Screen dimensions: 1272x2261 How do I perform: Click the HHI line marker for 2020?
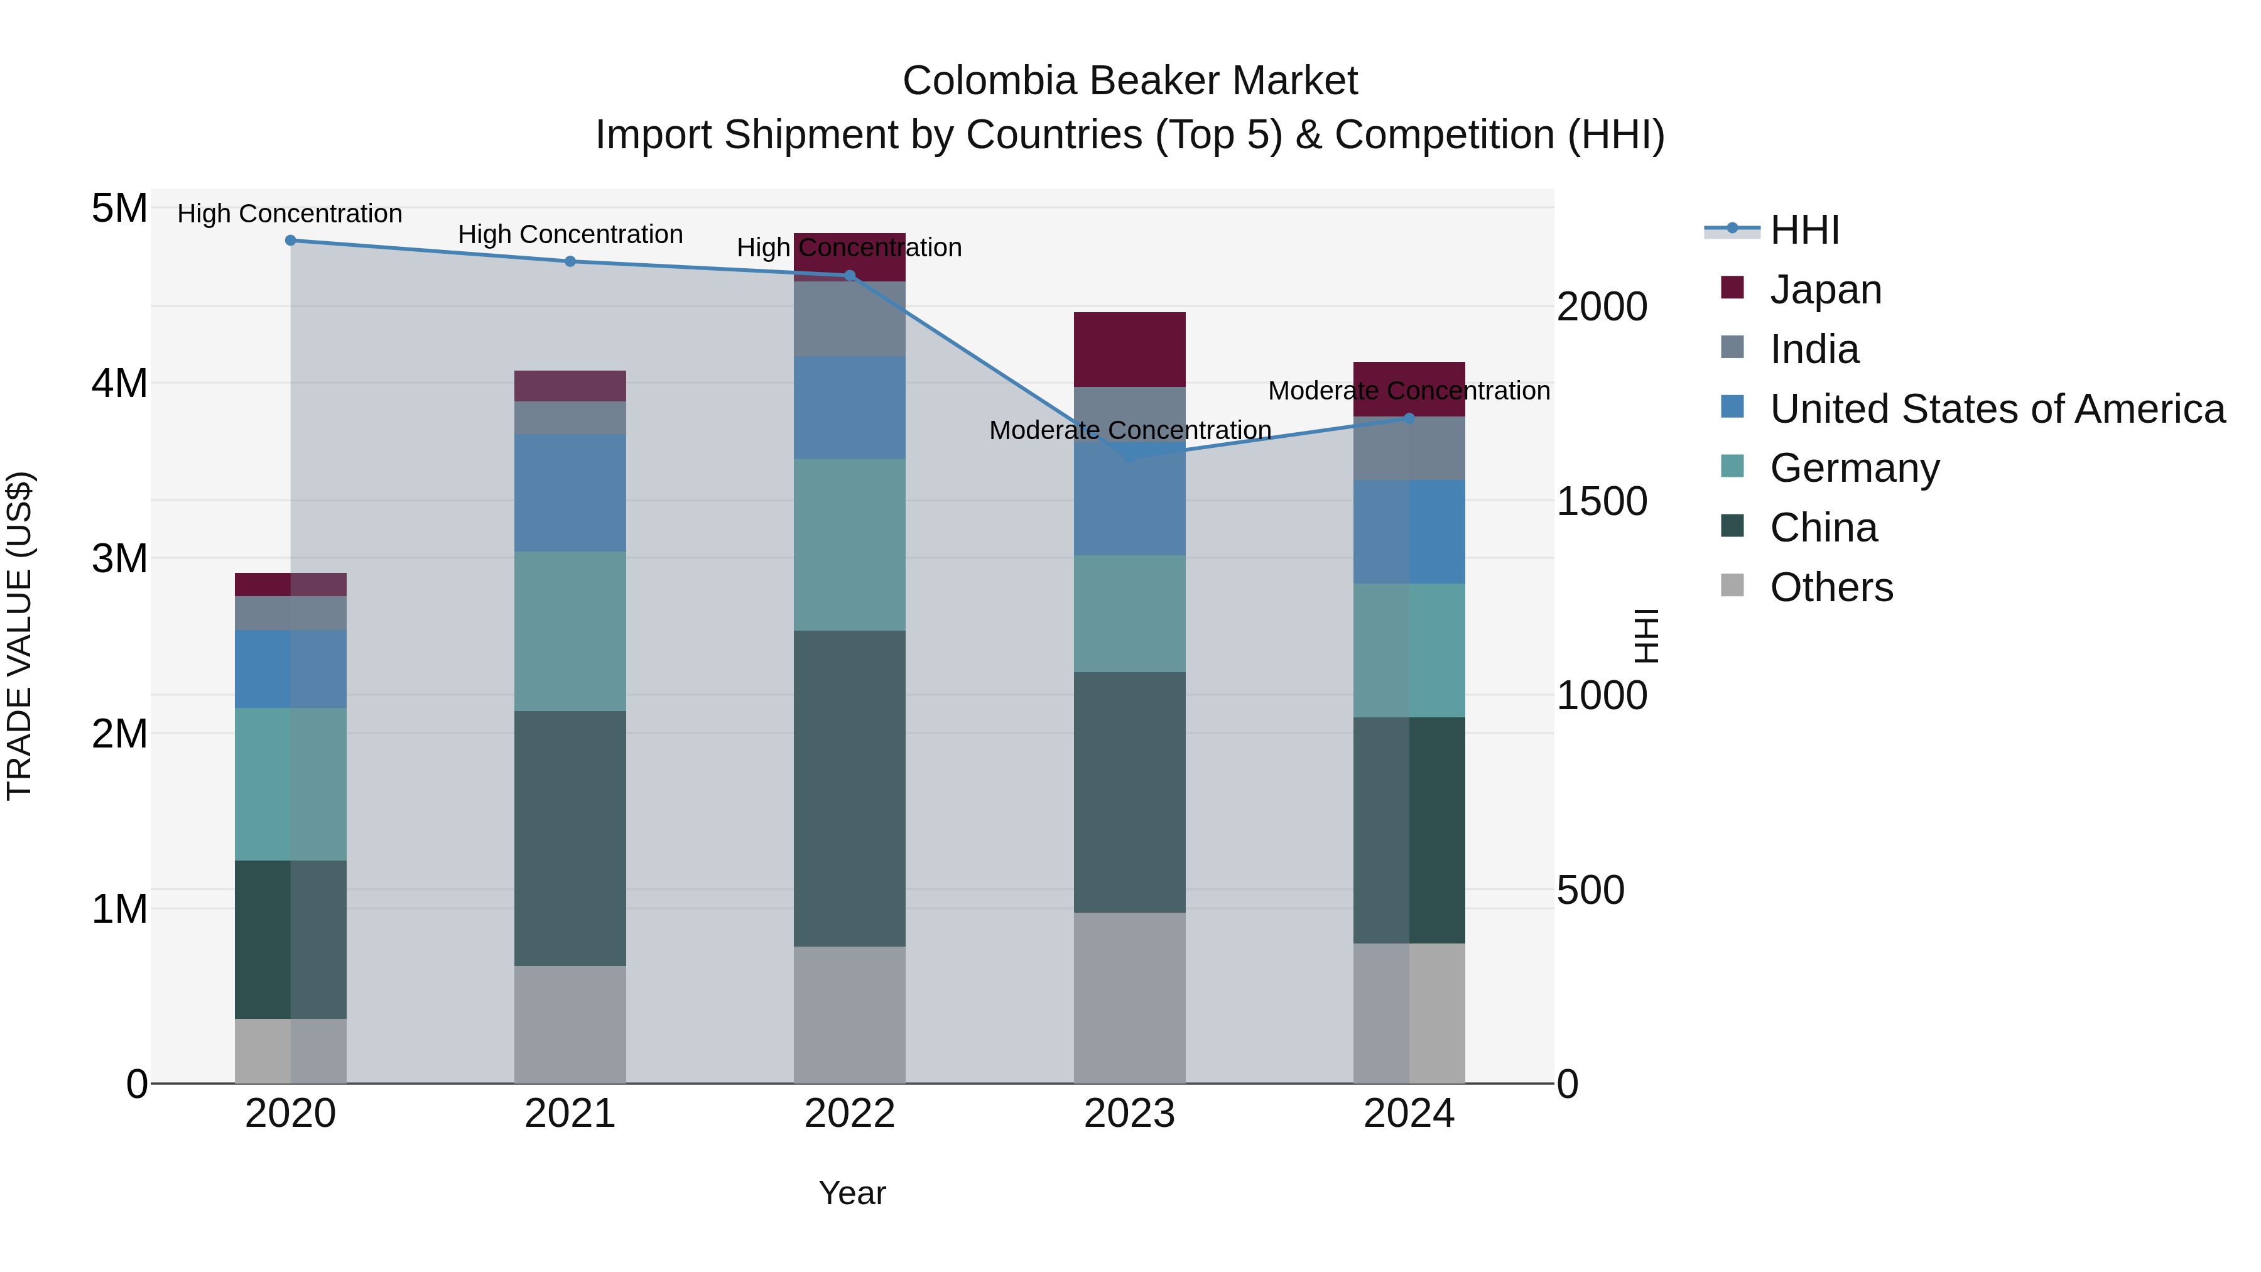click(291, 241)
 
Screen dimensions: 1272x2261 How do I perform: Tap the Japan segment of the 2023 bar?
click(1130, 349)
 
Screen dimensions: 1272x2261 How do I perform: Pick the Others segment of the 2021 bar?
click(570, 1025)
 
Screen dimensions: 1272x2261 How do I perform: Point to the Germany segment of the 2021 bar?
click(570, 631)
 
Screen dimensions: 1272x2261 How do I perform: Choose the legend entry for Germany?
click(1854, 468)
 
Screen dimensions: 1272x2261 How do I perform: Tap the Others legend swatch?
click(1732, 585)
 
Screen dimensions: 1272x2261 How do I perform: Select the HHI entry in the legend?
click(1804, 230)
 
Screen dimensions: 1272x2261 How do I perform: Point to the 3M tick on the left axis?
click(119, 558)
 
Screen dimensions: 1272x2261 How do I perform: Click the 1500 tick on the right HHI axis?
click(1601, 501)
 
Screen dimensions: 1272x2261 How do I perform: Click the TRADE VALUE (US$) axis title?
click(20, 636)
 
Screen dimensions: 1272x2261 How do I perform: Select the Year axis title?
click(852, 1193)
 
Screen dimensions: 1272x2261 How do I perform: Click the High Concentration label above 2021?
click(570, 234)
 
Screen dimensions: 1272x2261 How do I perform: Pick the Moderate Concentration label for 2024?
click(1408, 391)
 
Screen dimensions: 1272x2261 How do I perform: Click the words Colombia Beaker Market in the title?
click(1130, 81)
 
